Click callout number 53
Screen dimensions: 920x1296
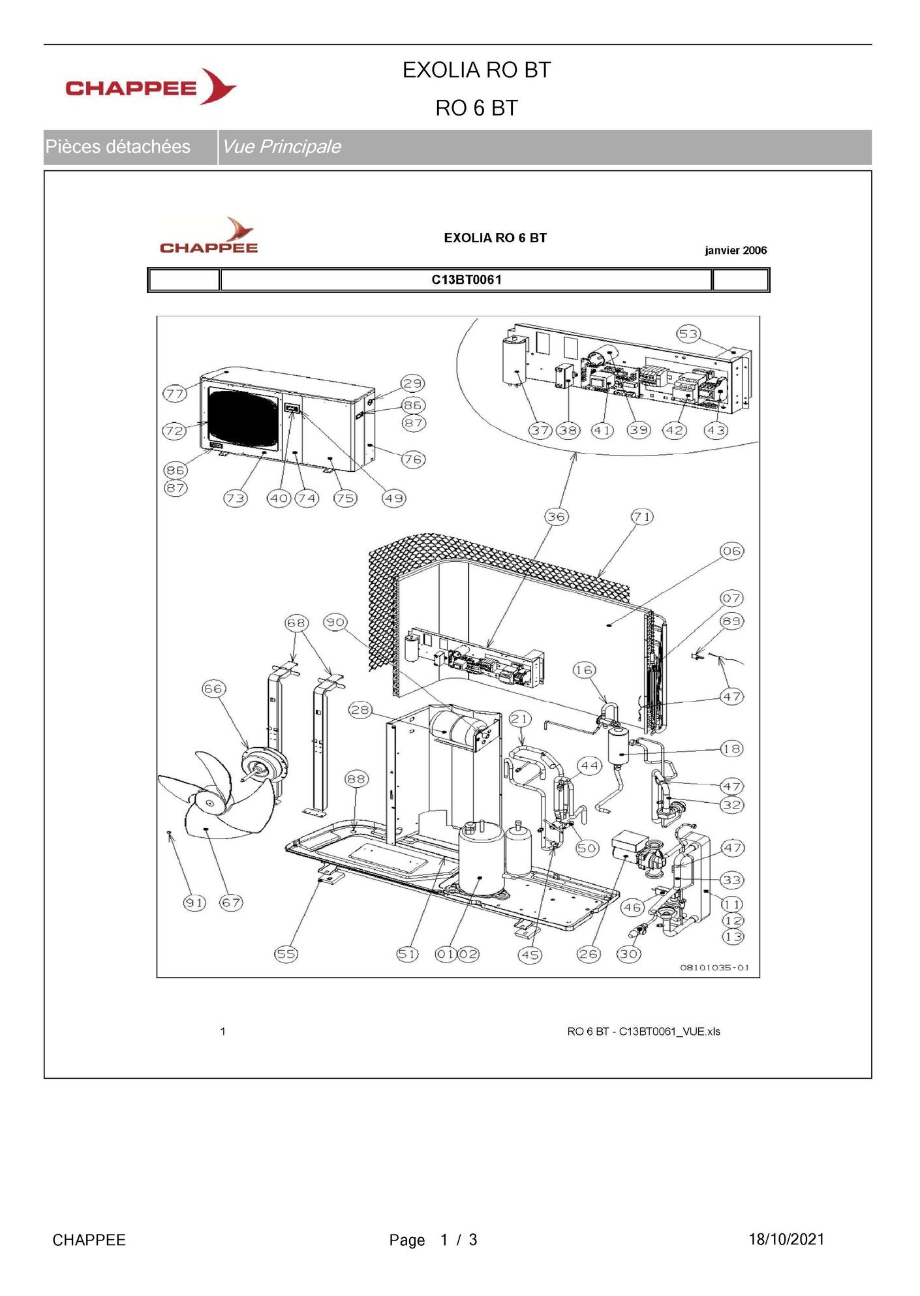coord(688,334)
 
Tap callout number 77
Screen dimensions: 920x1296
coord(175,393)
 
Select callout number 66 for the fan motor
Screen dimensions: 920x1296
coord(213,688)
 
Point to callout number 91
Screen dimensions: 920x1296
coord(194,903)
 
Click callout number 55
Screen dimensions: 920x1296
coord(286,953)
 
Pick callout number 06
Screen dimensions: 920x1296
coord(731,551)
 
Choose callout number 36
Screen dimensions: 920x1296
coord(556,516)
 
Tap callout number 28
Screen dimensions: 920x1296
coord(360,709)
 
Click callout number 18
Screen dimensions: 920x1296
coord(731,748)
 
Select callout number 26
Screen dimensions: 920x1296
coord(588,953)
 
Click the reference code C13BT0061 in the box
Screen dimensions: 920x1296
coord(467,280)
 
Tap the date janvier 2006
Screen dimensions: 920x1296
coord(735,251)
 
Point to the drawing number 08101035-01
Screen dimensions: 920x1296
coord(714,967)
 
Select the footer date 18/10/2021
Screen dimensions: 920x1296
coord(786,1239)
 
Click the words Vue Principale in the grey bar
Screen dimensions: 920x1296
coord(281,147)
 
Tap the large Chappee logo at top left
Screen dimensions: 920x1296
coord(151,87)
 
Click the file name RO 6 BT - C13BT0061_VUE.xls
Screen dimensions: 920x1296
coord(643,1032)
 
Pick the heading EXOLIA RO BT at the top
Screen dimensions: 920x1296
coord(476,70)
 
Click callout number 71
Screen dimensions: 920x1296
coord(642,516)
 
